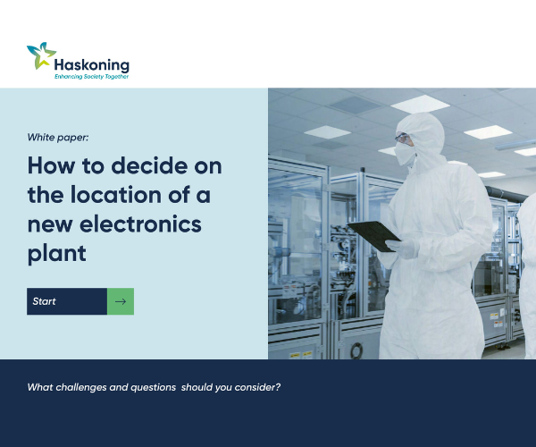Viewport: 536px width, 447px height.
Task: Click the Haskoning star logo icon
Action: point(41,55)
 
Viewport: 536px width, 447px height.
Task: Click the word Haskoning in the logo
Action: point(92,65)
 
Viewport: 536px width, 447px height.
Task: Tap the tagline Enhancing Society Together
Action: point(92,77)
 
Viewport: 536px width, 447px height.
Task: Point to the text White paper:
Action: point(58,138)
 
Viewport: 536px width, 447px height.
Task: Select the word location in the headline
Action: point(116,195)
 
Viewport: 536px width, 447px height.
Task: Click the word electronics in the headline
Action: point(140,224)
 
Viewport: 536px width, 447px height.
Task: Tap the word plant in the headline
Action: point(57,255)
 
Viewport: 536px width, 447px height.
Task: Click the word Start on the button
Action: point(44,301)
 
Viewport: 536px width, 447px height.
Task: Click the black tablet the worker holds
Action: point(374,236)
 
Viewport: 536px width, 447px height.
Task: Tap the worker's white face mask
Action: point(405,154)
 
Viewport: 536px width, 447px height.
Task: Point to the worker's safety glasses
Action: point(402,139)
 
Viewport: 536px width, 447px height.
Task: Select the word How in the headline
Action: point(51,165)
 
